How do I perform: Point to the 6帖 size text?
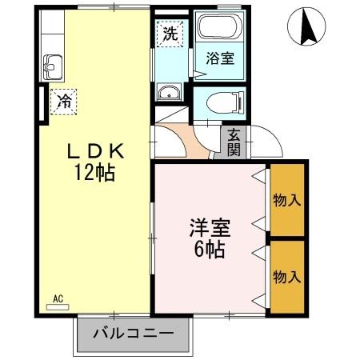click(x=210, y=249)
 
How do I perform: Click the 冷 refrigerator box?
click(x=63, y=101)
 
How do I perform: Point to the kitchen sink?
click(x=54, y=66)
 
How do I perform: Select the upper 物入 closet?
click(x=287, y=199)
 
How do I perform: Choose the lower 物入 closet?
click(x=287, y=277)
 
